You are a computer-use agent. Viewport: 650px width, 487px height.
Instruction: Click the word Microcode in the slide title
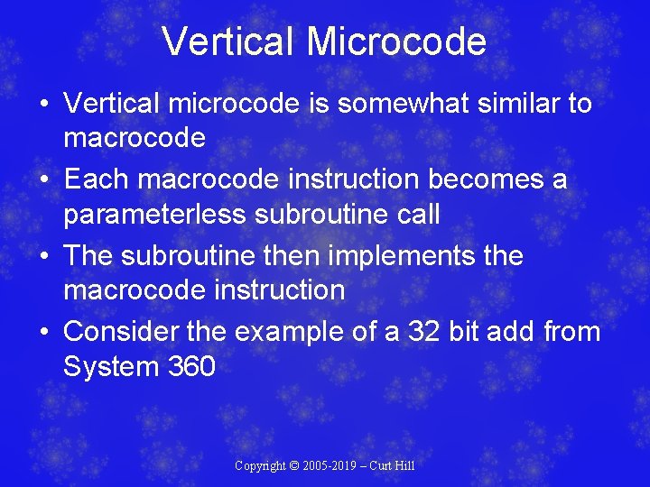click(396, 41)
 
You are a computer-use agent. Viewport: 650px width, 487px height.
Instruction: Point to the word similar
click(521, 104)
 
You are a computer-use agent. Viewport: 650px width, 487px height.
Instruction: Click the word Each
click(93, 179)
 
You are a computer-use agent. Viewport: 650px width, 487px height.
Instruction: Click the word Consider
click(121, 331)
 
